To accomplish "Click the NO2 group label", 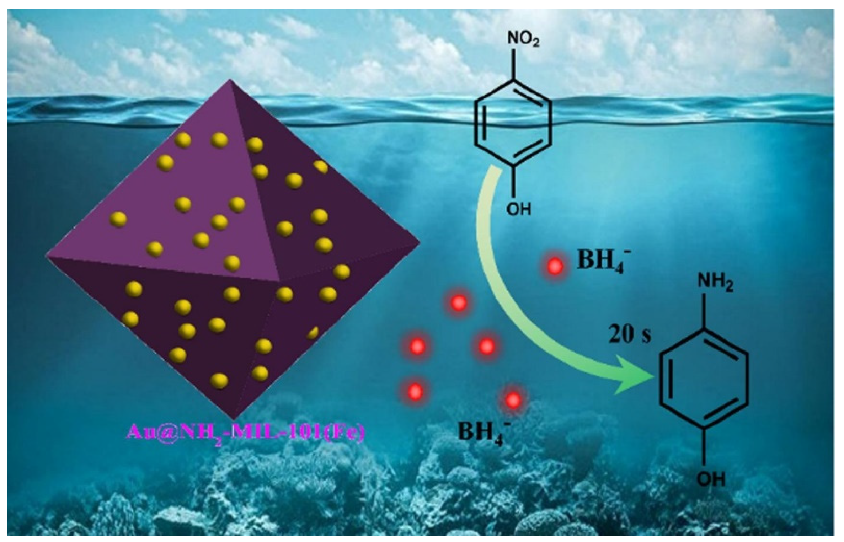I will [523, 41].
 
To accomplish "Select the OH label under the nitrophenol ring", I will [518, 209].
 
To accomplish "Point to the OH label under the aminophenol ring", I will [710, 480].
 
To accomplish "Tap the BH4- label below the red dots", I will [482, 433].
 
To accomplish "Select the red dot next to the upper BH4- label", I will [555, 266].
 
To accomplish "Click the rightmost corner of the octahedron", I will [420, 243].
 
